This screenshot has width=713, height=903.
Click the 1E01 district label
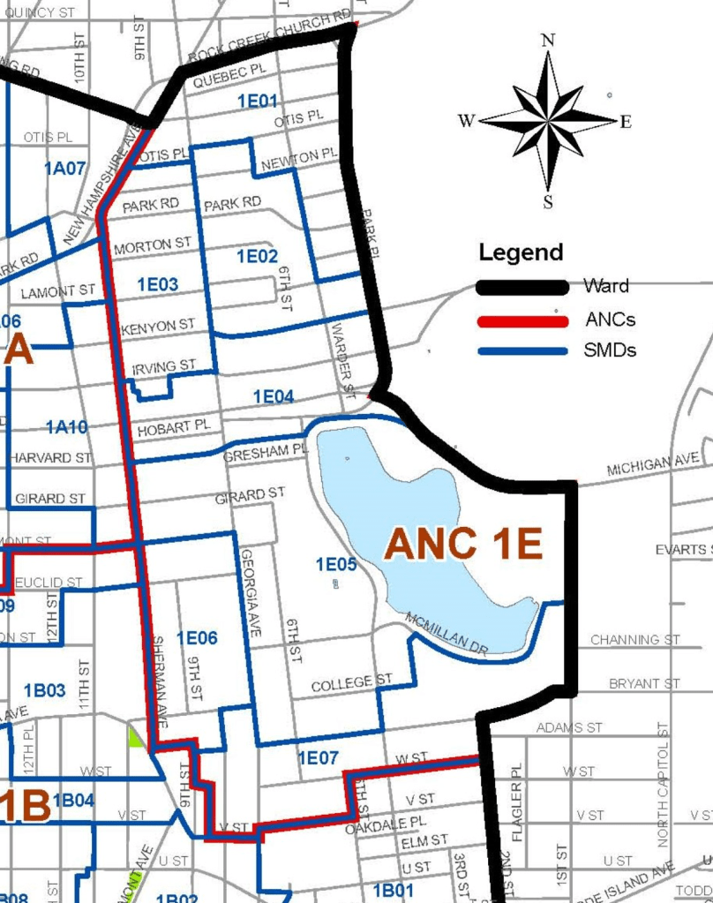[258, 102]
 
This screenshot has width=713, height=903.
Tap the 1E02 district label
[258, 256]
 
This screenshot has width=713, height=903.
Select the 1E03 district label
[158, 284]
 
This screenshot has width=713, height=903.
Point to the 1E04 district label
[273, 397]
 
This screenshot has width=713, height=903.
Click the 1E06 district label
[197, 637]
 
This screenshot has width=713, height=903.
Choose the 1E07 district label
[319, 757]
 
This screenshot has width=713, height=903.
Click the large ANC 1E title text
[462, 545]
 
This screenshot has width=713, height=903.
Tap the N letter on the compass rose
[548, 40]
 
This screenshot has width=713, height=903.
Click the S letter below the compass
[548, 202]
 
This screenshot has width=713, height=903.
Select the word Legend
[521, 252]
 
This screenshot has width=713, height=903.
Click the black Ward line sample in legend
[522, 287]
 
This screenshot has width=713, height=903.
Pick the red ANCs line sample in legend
[522, 320]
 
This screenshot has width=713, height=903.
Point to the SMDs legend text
[610, 350]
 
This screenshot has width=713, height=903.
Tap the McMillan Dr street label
[447, 634]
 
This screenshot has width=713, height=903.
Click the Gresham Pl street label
[265, 451]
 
